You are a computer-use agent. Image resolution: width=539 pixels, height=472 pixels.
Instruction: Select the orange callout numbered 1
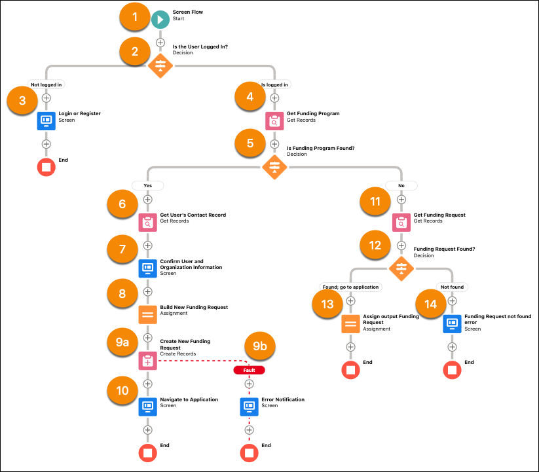(135, 18)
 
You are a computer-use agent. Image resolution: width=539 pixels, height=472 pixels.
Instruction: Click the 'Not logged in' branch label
(46, 84)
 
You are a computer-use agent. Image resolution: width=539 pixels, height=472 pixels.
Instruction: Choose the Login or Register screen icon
(46, 121)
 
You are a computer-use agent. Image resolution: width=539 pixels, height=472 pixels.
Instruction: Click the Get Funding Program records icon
(274, 121)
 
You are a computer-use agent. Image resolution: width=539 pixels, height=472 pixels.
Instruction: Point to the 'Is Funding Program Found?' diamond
(274, 167)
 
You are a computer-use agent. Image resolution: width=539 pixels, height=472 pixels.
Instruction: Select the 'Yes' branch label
(147, 185)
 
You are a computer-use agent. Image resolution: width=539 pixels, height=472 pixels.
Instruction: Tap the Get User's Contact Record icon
(148, 223)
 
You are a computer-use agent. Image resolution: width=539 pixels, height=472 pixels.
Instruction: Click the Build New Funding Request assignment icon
(148, 314)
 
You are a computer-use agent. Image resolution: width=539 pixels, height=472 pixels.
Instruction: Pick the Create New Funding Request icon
(148, 361)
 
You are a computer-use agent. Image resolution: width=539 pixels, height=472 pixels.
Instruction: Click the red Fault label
(249, 370)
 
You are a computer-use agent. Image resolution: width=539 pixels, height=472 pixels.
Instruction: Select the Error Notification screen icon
(249, 407)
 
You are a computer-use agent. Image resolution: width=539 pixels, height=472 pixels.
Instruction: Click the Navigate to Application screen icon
(148, 407)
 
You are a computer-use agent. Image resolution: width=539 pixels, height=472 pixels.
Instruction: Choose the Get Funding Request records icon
(401, 223)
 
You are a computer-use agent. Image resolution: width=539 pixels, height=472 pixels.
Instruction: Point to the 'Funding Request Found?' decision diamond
(401, 268)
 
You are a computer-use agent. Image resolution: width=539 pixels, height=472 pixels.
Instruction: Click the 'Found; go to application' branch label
(350, 287)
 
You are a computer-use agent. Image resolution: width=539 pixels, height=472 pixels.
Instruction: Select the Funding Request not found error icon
(452, 323)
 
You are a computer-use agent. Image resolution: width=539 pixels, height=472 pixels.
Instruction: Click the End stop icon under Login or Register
(46, 167)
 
